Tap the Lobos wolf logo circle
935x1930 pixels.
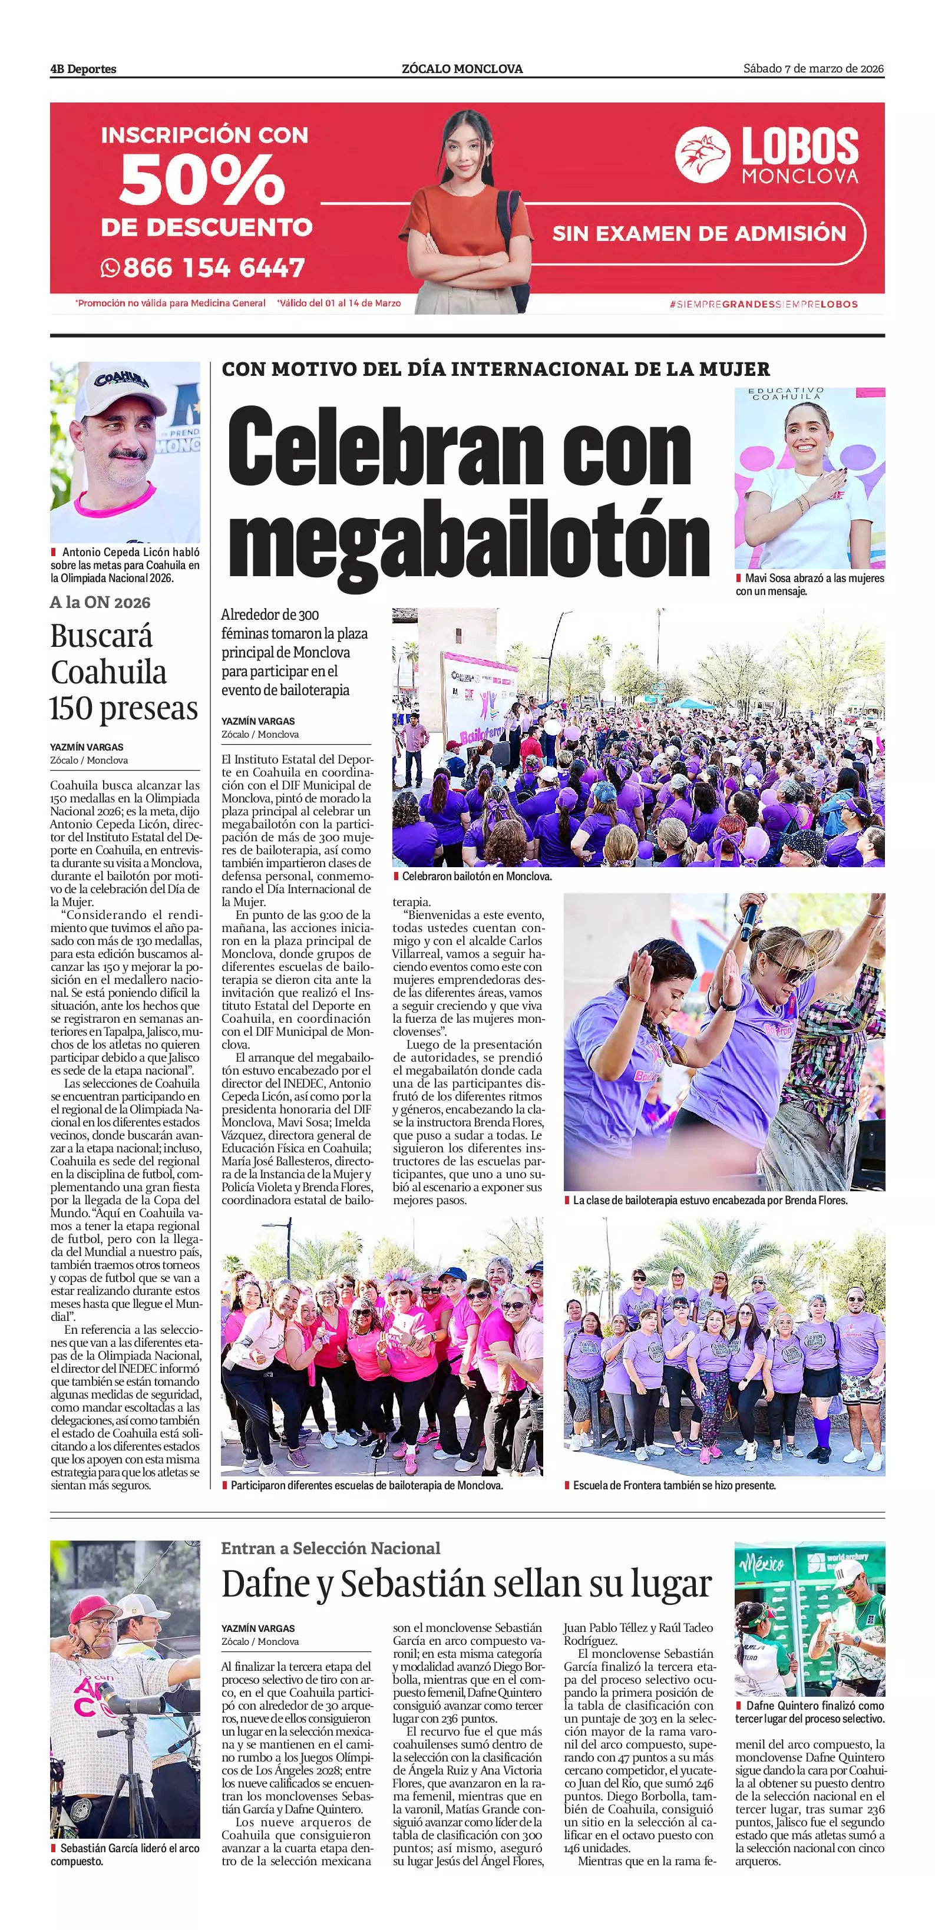702,154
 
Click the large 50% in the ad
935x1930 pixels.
202,182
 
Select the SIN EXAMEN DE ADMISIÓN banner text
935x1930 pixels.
698,234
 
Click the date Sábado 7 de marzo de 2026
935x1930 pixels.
813,69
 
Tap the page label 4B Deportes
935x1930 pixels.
83,69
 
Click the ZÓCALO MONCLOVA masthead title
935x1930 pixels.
462,69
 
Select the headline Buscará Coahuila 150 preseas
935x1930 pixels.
124,672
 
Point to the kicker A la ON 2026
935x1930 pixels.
100,602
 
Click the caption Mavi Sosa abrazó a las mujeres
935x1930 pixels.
809,584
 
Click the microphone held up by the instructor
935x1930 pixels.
749,917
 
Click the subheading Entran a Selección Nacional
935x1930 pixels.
331,1548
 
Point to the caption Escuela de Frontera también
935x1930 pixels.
673,1485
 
